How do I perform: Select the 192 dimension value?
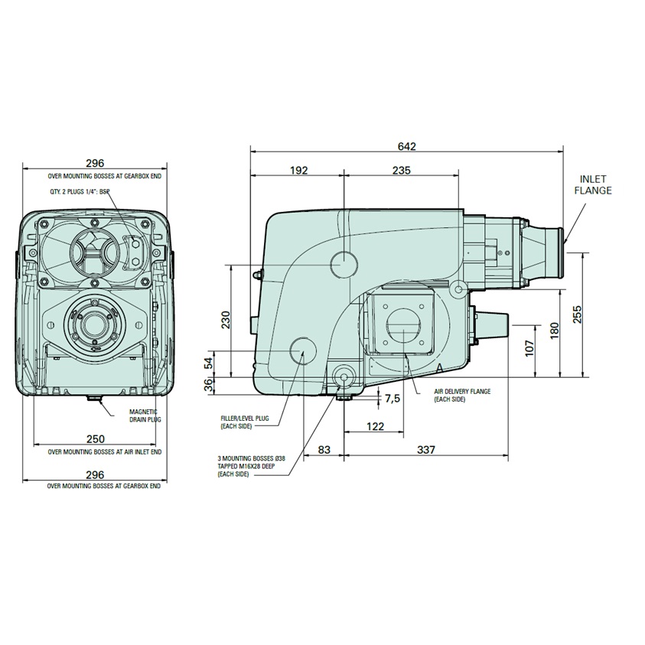click(298, 170)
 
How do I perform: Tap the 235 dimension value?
click(400, 170)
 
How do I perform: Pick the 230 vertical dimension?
click(226, 320)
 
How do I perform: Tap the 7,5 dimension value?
click(392, 398)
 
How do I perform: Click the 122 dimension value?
click(374, 426)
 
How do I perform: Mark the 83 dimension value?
click(324, 449)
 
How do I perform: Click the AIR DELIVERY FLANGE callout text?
click(461, 395)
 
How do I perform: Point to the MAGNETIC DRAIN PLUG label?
click(145, 415)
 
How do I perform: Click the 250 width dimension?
click(95, 439)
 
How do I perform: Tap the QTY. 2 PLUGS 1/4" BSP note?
click(75, 193)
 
